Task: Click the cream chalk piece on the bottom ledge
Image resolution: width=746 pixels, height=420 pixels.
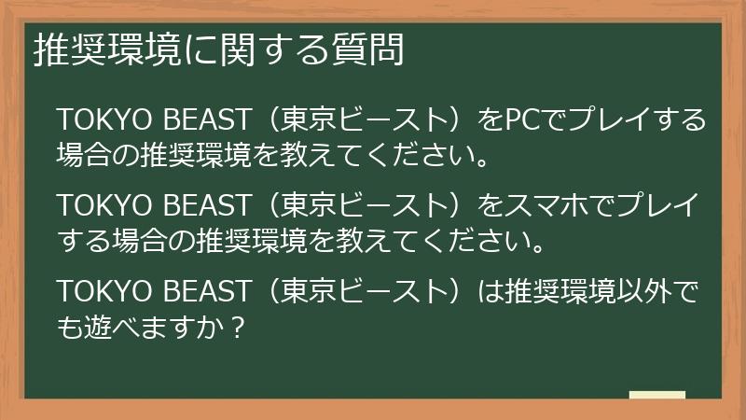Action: [x=656, y=397]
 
